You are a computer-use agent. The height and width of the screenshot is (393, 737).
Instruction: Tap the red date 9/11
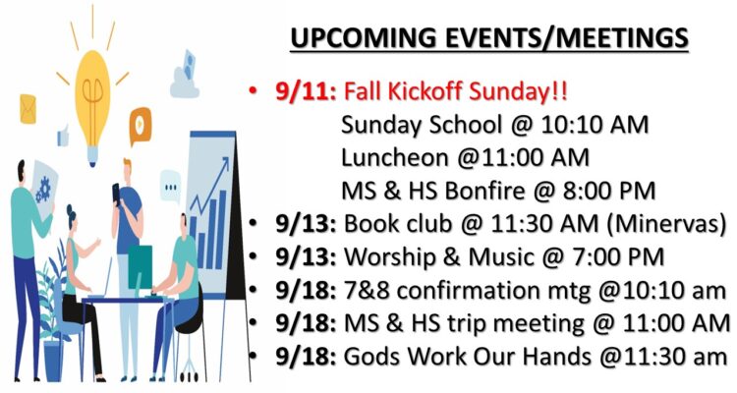tap(306, 91)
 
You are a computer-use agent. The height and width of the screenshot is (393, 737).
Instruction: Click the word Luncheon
tap(395, 157)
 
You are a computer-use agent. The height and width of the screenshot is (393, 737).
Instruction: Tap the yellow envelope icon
tap(28, 109)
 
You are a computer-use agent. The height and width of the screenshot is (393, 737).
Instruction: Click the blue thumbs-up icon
tap(63, 137)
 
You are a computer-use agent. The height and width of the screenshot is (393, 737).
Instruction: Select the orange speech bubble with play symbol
tap(141, 126)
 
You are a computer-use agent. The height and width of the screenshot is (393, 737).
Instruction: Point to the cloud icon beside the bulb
tap(185, 76)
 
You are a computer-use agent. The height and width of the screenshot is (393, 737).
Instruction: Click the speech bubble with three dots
tap(170, 187)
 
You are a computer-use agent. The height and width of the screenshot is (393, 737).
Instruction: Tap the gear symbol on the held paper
tap(43, 189)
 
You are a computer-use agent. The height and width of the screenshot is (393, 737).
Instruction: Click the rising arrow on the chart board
tap(210, 185)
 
